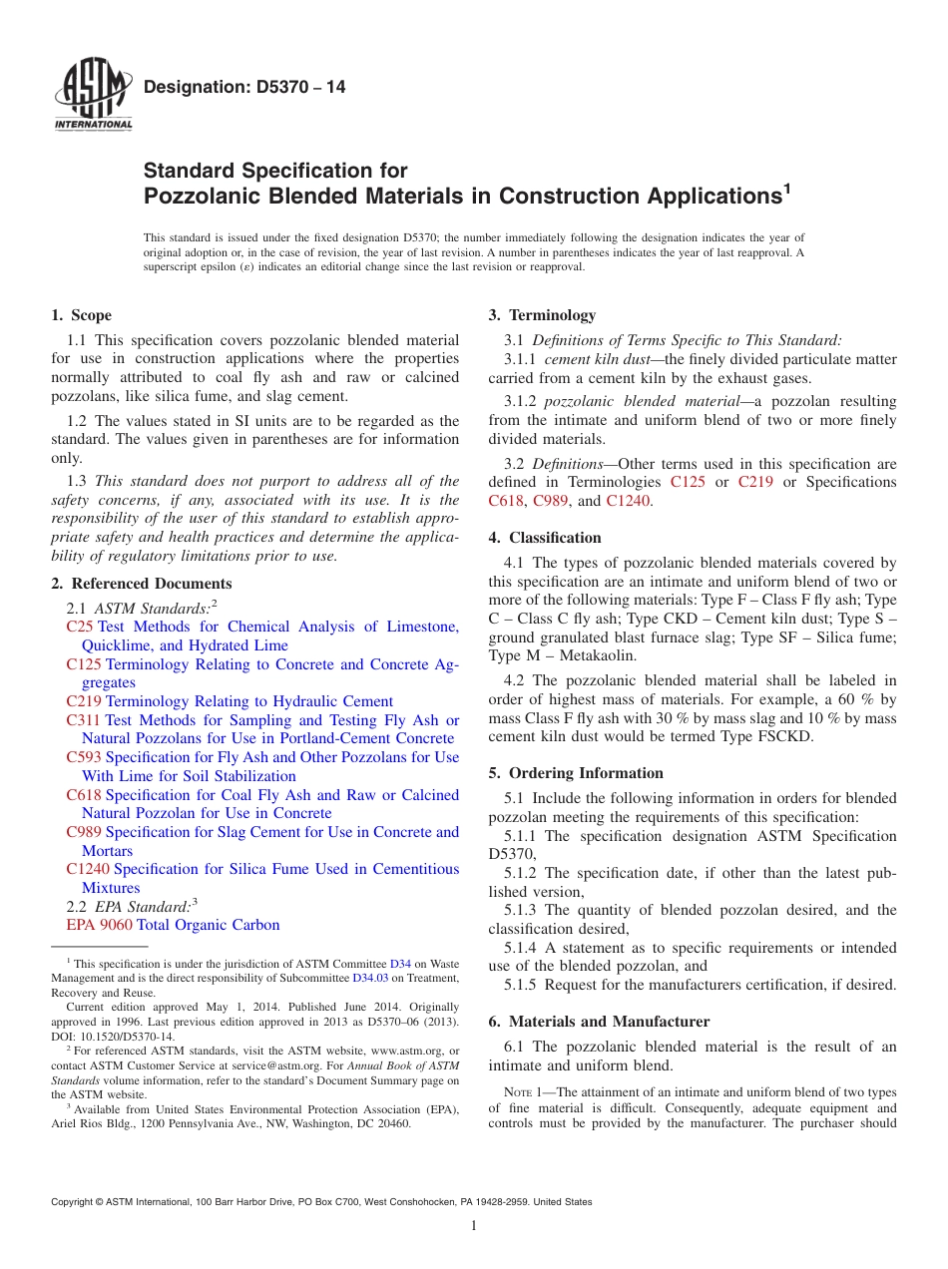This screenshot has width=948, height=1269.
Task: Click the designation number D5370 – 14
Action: pyautogui.click(x=244, y=88)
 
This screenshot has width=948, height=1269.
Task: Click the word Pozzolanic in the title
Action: pyautogui.click(x=206, y=196)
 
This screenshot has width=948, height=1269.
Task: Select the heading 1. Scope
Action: pyautogui.click(x=82, y=315)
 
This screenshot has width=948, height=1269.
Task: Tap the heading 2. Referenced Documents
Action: pyautogui.click(x=142, y=584)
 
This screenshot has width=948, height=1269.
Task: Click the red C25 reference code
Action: pyautogui.click(x=80, y=627)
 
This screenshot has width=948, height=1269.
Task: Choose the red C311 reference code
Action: pyautogui.click(x=84, y=720)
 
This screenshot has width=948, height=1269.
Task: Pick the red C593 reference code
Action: pyautogui.click(x=84, y=757)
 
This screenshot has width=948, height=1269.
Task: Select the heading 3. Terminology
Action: pyautogui.click(x=542, y=315)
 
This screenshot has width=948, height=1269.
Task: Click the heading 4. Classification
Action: pyautogui.click(x=545, y=538)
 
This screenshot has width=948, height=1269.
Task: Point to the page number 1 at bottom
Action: pyautogui.click(x=474, y=1226)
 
